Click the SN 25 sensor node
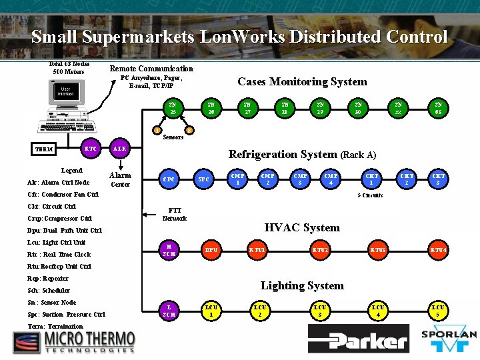coord(173,108)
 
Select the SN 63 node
coord(438,108)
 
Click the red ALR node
coord(119,148)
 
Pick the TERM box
coord(45,149)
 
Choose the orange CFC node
coord(169,179)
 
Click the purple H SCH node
coord(169,251)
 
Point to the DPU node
coord(211,251)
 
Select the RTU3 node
coord(378,251)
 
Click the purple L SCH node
coord(169,310)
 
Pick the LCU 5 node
coord(438,310)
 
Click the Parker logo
coord(358,339)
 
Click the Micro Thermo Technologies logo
coord(73,341)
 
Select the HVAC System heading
coord(302,227)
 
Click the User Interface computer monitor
coord(65,95)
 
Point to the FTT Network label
coord(175,214)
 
